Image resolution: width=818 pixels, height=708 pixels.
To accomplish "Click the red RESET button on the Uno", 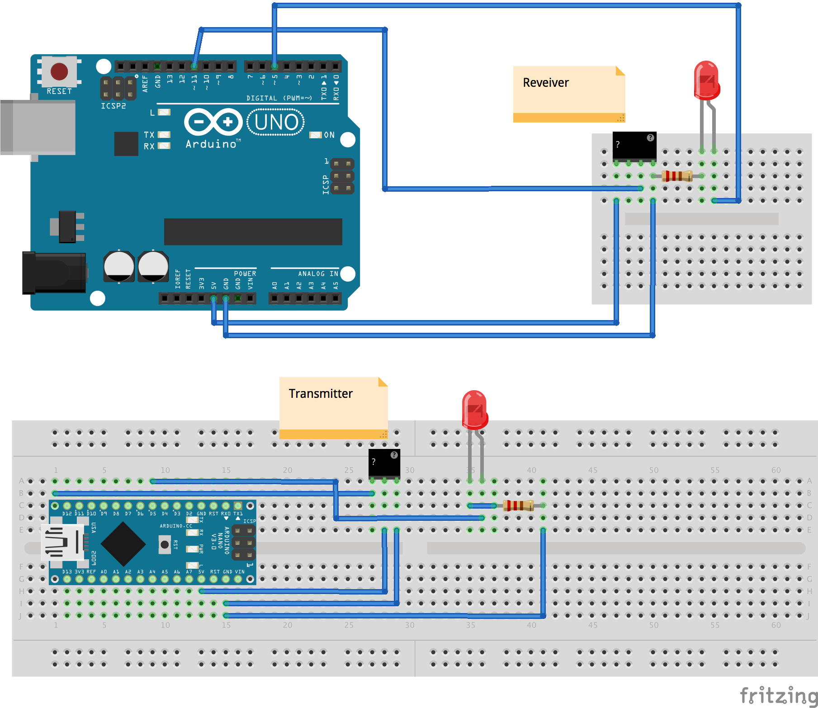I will click(x=59, y=71).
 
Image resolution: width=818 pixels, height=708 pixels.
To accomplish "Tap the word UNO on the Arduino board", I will click(x=276, y=122).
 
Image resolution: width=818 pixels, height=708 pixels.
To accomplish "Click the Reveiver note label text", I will click(x=545, y=83).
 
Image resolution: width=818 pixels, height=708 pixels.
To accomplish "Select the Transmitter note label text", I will click(x=321, y=394).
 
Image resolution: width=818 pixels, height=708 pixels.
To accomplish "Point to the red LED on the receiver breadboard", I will click(x=706, y=80).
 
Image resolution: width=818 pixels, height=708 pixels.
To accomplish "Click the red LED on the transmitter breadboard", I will click(x=474, y=410).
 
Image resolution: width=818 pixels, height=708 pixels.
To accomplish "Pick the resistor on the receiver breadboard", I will click(x=677, y=176).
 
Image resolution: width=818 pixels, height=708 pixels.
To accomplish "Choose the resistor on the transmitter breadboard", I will click(x=518, y=505).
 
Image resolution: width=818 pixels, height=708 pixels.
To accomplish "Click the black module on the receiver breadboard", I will click(x=634, y=145).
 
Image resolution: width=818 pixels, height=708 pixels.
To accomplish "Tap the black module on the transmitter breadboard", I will click(x=384, y=463).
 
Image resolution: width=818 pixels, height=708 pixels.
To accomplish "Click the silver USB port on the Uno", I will click(x=38, y=127).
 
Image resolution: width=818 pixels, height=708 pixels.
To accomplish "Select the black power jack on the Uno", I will click(x=54, y=273).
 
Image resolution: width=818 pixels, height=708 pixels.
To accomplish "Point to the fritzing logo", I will click(x=778, y=695).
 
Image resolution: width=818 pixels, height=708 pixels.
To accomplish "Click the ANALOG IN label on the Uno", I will click(x=318, y=274).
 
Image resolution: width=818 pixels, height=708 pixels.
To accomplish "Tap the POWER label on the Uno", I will click(x=245, y=274).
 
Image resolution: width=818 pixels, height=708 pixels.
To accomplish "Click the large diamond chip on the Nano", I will click(x=123, y=544).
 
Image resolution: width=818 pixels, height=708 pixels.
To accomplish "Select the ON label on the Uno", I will click(x=329, y=135).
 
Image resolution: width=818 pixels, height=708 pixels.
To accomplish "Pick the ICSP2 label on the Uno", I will click(x=113, y=106).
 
